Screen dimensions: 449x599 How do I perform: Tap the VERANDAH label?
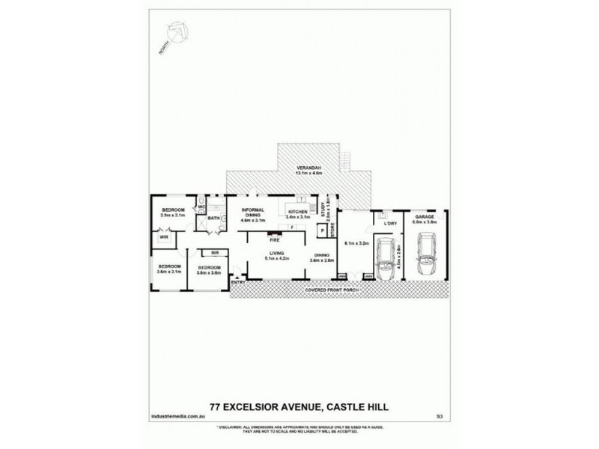click(x=308, y=166)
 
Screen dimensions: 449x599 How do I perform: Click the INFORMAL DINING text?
click(x=254, y=212)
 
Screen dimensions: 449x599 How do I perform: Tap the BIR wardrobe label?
click(x=214, y=253)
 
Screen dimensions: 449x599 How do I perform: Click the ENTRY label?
click(x=238, y=281)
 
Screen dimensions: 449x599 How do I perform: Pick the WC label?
click(x=201, y=207)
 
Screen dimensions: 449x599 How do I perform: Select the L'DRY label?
click(x=389, y=223)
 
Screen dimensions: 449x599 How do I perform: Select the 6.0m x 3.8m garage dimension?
click(x=425, y=222)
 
